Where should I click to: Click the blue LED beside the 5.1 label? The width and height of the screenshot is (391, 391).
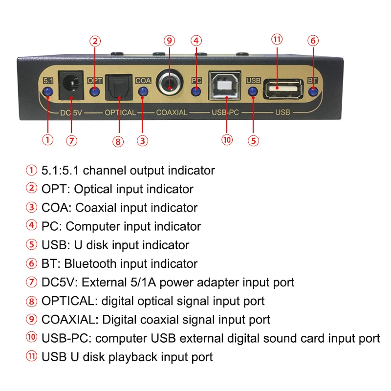click(48, 91)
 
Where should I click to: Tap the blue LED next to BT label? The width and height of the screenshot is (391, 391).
click(313, 91)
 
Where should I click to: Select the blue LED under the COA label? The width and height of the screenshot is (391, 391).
click(143, 91)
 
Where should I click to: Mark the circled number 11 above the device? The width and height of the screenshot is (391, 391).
click(277, 40)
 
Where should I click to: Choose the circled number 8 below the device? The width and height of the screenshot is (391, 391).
click(118, 141)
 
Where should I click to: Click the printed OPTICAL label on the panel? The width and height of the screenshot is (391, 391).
click(120, 112)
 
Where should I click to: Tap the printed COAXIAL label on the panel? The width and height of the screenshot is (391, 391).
click(172, 112)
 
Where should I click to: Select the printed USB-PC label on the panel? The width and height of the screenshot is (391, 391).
click(224, 112)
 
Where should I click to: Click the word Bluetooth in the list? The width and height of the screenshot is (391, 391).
click(88, 264)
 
